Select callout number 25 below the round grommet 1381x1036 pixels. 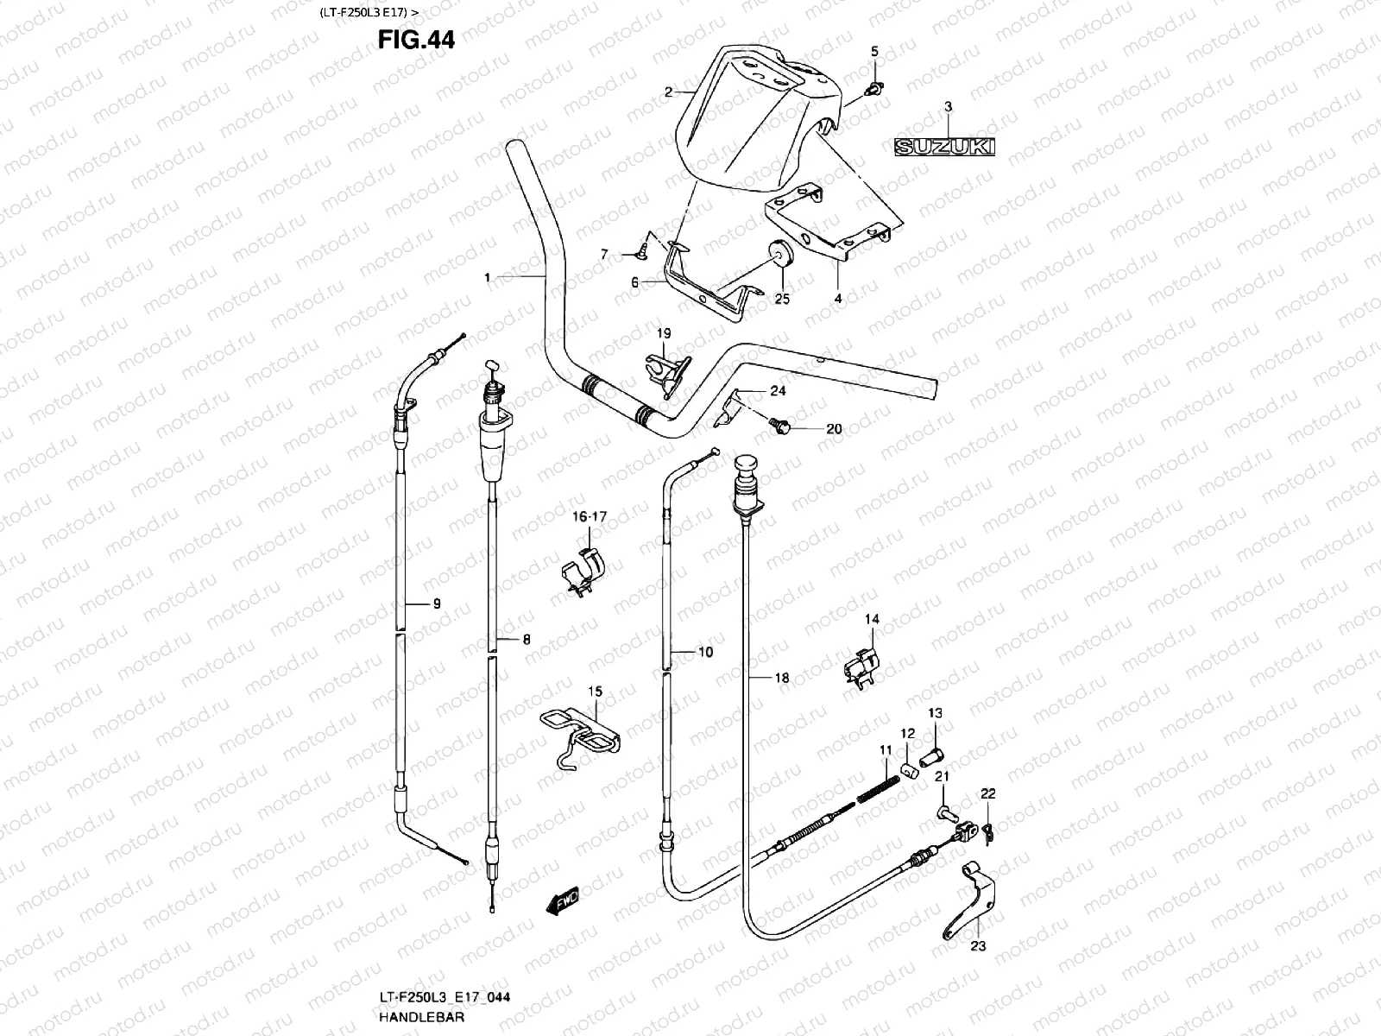[x=782, y=299]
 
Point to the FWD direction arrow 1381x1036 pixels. [x=562, y=903]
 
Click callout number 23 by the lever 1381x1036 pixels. [x=977, y=945]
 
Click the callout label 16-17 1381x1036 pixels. [x=590, y=516]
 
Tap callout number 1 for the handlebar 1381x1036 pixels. [x=487, y=277]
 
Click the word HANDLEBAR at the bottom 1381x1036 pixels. [x=421, y=1017]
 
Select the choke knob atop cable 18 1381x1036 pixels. [x=745, y=472]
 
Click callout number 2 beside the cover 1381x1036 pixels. [x=668, y=91]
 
